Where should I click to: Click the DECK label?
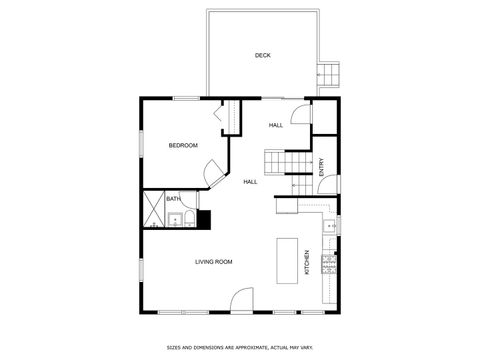pos(262,55)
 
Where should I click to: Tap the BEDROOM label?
pos(183,146)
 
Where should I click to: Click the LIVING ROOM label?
pos(214,261)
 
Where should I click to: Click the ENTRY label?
pos(322,170)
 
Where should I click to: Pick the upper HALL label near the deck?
pos(275,125)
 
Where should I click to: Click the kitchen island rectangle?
pos(288,260)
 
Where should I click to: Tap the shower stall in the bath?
pos(154,210)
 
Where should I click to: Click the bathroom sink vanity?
pos(188,220)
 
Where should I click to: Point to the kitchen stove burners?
pos(329,265)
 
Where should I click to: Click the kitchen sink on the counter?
pos(329,226)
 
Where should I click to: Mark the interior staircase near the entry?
pos(278,162)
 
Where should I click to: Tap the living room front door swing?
pos(241,300)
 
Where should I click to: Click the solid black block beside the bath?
pos(204,220)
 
